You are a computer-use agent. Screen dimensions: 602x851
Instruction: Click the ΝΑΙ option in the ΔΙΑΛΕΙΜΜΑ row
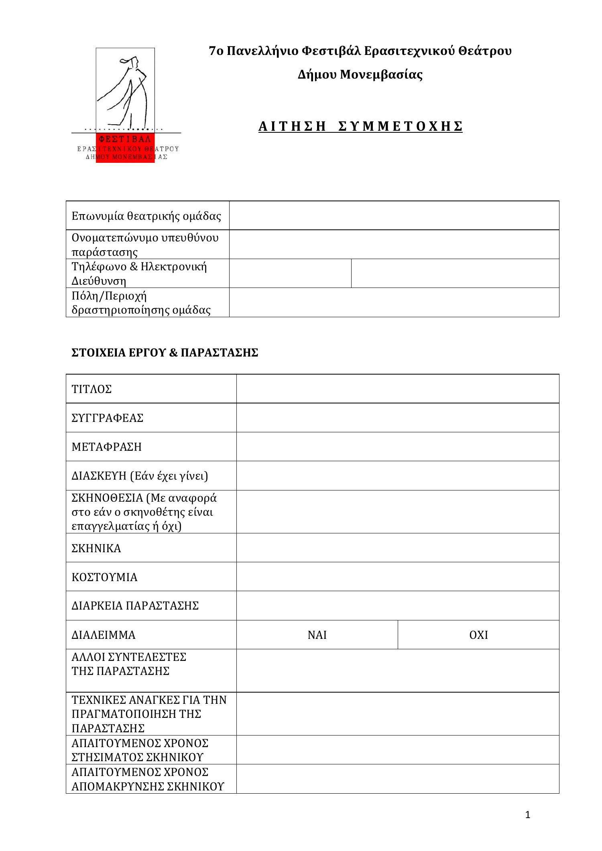pyautogui.click(x=317, y=635)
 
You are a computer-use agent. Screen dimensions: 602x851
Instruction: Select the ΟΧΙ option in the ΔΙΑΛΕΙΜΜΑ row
pyautogui.click(x=478, y=635)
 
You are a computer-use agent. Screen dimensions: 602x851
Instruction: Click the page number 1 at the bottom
pyautogui.click(x=528, y=815)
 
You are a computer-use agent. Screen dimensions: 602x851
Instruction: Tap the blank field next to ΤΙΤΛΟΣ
pyautogui.click(x=397, y=389)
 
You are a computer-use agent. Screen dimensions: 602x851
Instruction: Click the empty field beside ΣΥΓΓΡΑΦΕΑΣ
pyautogui.click(x=397, y=417)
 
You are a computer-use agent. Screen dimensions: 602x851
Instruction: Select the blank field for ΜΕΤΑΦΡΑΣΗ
pyautogui.click(x=397, y=446)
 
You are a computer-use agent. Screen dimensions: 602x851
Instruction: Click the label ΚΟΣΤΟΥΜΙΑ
pyautogui.click(x=104, y=577)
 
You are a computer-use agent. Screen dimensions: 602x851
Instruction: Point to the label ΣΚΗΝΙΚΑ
pyautogui.click(x=96, y=548)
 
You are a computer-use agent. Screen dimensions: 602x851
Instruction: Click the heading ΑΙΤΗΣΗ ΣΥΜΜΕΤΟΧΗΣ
pyautogui.click(x=360, y=126)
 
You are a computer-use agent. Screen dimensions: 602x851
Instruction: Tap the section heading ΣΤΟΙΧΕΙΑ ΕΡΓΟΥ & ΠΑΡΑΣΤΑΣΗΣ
pyautogui.click(x=165, y=353)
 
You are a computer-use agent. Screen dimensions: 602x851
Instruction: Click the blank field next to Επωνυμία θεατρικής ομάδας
pyautogui.click(x=394, y=215)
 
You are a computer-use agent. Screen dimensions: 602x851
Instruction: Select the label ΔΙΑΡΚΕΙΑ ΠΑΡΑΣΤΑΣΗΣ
pyautogui.click(x=135, y=606)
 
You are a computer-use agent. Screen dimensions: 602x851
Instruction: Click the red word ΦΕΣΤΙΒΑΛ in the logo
pyautogui.click(x=125, y=139)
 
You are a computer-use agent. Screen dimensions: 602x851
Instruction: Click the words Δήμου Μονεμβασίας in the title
pyautogui.click(x=360, y=75)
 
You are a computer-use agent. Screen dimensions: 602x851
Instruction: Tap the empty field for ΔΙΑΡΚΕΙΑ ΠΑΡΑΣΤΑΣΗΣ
pyautogui.click(x=397, y=606)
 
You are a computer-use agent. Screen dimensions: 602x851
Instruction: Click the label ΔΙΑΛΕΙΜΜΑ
pyautogui.click(x=104, y=635)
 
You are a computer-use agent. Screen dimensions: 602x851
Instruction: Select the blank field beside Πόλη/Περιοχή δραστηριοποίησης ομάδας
pyautogui.click(x=394, y=302)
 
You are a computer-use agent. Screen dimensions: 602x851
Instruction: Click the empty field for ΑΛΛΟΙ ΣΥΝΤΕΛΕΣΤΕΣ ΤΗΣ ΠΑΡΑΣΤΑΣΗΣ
pyautogui.click(x=397, y=671)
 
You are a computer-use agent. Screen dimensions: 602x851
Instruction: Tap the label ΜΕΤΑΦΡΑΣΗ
pyautogui.click(x=107, y=447)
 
